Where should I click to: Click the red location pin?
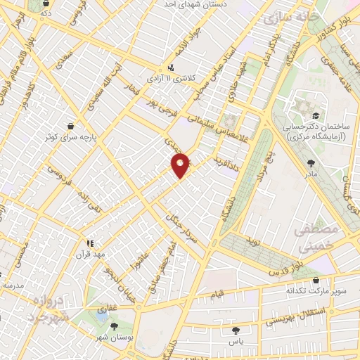pyautogui.click(x=181, y=165)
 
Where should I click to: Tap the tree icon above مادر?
pyautogui.click(x=311, y=162)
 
